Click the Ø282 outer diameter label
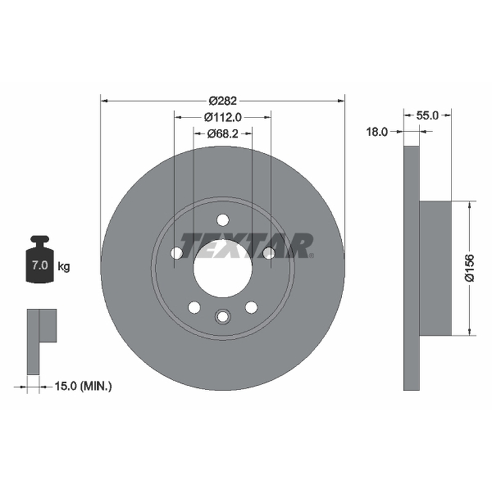pos(223,101)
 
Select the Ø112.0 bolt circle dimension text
pos(223,117)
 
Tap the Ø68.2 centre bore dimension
pos(223,133)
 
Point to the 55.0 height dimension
pos(427,116)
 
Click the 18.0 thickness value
pos(377,132)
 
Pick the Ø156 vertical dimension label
pos(470,268)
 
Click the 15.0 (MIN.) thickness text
pos(83,386)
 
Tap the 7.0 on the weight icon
pos(39,265)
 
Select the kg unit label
pos(64,267)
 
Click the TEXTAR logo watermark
pos(247,245)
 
